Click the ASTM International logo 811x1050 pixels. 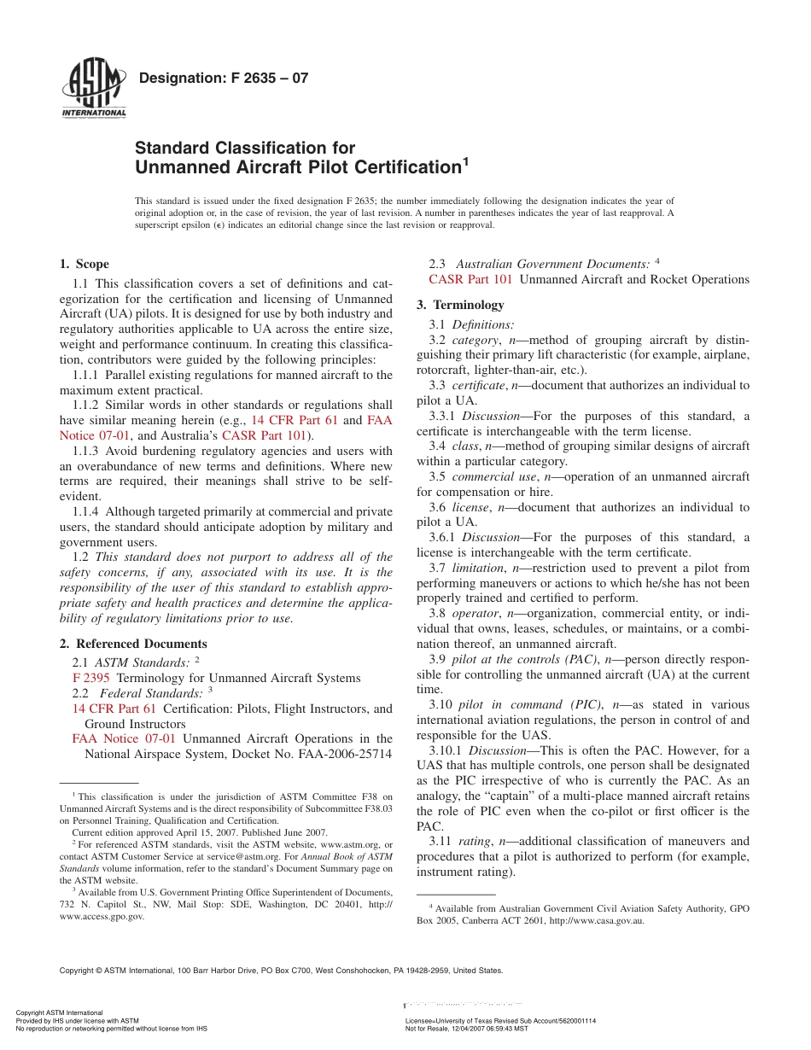tap(93, 90)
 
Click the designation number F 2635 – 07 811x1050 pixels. tap(223, 79)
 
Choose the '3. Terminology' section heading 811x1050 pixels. tap(460, 305)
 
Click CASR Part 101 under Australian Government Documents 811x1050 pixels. tap(470, 279)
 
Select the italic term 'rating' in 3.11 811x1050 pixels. tap(474, 841)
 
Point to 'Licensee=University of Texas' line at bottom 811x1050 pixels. tap(500, 1021)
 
